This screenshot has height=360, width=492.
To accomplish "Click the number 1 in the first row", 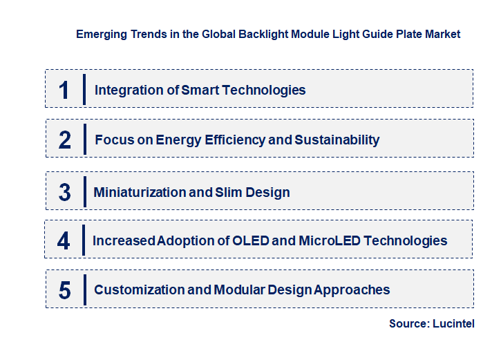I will click(64, 90).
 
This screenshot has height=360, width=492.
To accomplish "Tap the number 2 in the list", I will click(64, 140).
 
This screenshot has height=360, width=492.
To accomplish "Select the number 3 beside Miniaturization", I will click(64, 193).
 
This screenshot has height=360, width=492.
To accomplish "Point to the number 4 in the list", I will click(64, 241).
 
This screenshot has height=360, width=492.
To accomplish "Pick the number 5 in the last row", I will click(64, 290).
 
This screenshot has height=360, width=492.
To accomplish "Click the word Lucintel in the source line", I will click(454, 323).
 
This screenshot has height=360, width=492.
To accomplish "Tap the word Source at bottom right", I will click(409, 323).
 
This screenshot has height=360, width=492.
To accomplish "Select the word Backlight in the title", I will click(263, 33).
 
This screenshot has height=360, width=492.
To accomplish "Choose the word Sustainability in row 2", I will click(337, 140).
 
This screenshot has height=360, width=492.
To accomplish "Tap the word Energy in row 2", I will click(178, 140).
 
